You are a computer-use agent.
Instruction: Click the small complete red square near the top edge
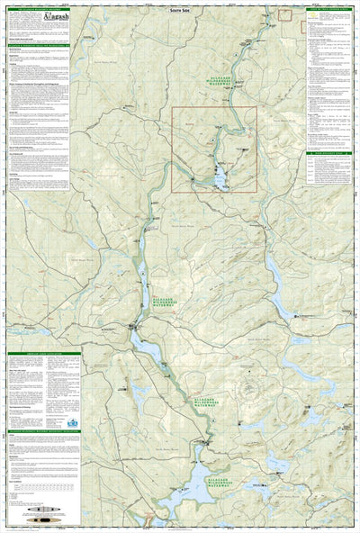coord(284,14)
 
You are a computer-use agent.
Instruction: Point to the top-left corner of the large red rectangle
coord(174,108)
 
